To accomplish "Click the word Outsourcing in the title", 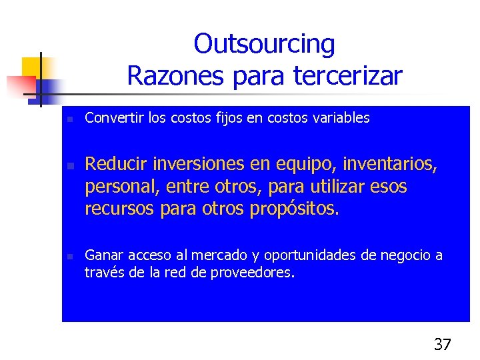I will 264,44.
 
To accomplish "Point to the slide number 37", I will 442,344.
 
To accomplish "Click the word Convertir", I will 108,118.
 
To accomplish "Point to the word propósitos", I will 294,209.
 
